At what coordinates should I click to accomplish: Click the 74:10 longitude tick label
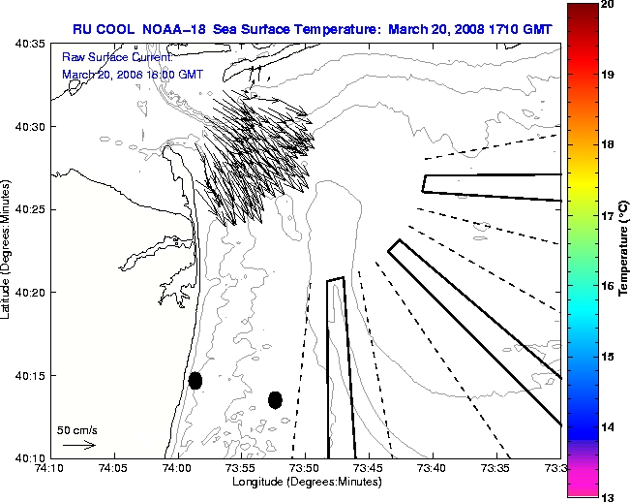(x=49, y=468)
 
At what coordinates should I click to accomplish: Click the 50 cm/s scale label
(x=77, y=429)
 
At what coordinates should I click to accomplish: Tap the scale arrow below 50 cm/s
(x=78, y=445)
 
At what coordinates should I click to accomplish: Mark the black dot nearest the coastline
(x=195, y=380)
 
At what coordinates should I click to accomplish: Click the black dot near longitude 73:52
(x=275, y=399)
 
